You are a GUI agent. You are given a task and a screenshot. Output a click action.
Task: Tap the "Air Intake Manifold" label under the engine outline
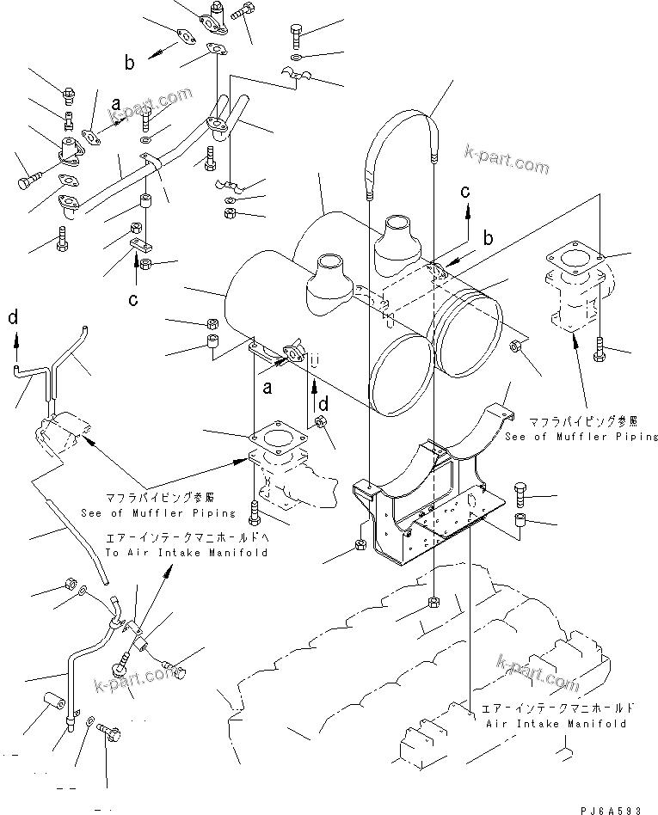pyautogui.click(x=558, y=724)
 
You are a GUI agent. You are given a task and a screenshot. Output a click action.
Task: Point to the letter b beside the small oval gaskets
pyautogui.click(x=130, y=62)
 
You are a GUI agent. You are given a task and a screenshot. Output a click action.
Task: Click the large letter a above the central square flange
pyautogui.click(x=267, y=388)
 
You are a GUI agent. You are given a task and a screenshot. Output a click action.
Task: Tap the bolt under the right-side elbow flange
pyautogui.click(x=600, y=348)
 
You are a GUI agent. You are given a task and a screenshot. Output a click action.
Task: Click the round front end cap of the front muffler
pyautogui.click(x=400, y=365)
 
